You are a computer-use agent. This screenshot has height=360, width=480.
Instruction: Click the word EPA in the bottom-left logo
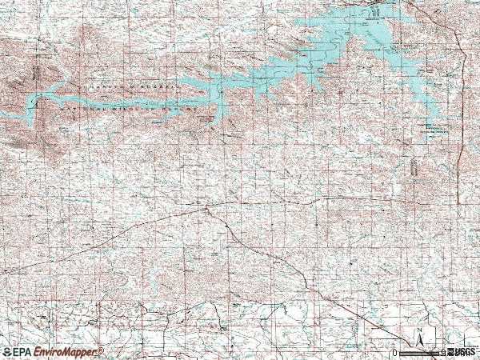(x=23, y=352)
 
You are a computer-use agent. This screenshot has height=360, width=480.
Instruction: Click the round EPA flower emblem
(x=7, y=352)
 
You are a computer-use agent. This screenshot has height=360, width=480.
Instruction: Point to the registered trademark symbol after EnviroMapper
(x=101, y=350)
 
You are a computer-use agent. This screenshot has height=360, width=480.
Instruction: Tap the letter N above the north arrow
(x=418, y=330)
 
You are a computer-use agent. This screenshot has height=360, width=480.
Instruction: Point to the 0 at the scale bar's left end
(x=395, y=353)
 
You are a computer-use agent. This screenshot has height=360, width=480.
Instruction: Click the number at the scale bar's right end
(x=442, y=353)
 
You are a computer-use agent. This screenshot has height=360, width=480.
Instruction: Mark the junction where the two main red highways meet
(x=206, y=210)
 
